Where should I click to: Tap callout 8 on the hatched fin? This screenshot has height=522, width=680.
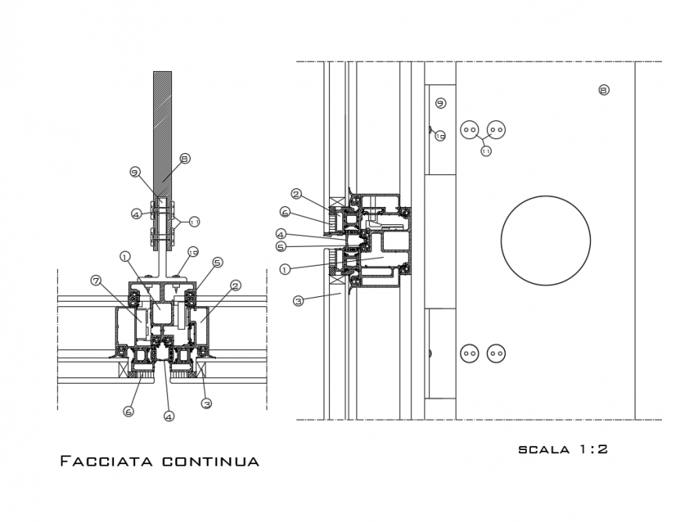coord(184,159)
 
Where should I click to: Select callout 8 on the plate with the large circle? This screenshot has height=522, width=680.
coord(603,90)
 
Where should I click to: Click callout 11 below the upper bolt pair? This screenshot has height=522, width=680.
coord(485,151)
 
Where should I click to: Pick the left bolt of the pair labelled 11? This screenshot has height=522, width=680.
coord(470,130)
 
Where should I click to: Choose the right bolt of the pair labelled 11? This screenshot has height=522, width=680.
coord(496,130)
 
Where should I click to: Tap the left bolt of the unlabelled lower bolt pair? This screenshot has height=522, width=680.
coord(470,353)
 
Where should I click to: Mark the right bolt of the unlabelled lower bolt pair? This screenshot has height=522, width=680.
coord(496,353)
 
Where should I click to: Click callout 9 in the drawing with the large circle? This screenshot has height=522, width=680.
coord(440,103)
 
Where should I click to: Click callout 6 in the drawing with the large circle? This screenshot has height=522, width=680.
coord(285,212)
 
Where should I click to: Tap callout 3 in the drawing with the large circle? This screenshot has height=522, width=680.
coord(298,300)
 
